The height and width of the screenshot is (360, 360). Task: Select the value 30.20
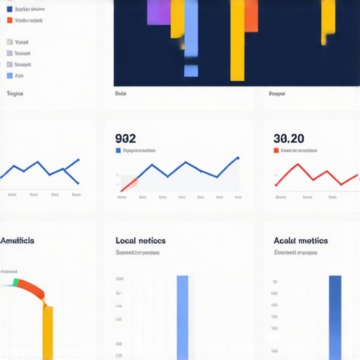(x=288, y=139)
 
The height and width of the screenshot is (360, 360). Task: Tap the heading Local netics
(x=141, y=240)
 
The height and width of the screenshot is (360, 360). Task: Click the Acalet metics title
(x=300, y=240)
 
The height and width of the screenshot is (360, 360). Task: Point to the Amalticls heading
(x=18, y=240)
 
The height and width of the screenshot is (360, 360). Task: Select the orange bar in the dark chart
(x=237, y=39)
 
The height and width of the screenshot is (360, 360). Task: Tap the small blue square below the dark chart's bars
(x=191, y=70)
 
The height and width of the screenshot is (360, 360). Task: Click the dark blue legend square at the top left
(x=9, y=9)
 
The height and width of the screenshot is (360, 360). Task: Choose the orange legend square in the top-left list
(x=9, y=20)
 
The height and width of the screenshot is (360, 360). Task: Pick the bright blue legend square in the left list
(x=9, y=75)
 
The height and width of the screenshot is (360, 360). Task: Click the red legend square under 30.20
(x=276, y=150)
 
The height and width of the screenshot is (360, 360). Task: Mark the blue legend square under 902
(x=117, y=150)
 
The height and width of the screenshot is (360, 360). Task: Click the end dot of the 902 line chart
(x=238, y=158)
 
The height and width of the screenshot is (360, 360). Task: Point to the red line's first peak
(x=297, y=165)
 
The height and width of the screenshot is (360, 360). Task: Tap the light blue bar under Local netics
(x=183, y=316)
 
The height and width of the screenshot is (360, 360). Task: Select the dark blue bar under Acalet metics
(x=335, y=316)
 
